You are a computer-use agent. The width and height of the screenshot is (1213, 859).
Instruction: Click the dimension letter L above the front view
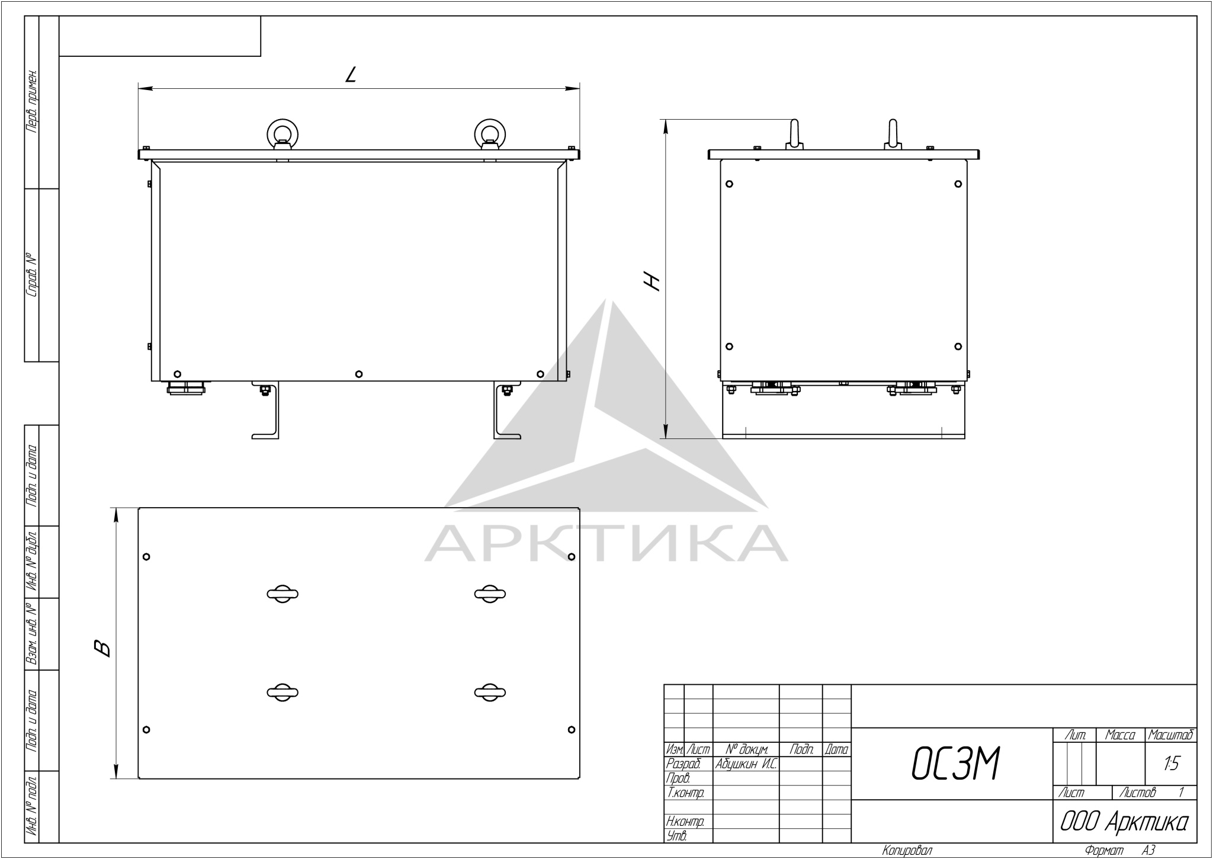coord(351,74)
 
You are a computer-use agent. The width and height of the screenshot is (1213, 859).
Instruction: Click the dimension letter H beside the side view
coord(652,281)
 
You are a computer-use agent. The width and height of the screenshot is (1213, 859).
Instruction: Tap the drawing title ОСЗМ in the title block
coord(956,764)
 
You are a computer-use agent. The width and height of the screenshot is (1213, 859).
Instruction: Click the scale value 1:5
coord(1171,764)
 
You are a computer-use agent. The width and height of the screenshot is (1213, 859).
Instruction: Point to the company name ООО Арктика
coord(1124,822)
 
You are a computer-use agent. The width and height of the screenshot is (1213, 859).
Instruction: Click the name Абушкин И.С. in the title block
coord(746,764)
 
